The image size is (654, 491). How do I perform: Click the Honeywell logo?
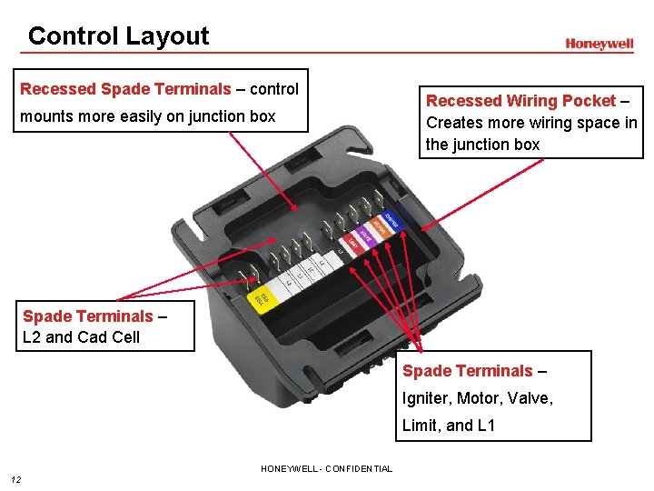599,44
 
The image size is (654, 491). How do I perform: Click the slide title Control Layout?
118,36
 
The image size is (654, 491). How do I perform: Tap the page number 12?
15,480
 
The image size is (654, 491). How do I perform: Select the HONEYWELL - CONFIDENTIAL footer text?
326,469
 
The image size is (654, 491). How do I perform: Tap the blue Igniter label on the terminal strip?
391,220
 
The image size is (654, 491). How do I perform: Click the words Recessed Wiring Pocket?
520,101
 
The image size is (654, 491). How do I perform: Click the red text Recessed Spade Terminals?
125,89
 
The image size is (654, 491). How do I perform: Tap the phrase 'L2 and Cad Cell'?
82,337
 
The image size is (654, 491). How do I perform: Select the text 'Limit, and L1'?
449,425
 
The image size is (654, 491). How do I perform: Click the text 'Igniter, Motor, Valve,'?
478,397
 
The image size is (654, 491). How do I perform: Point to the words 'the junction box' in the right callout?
482,145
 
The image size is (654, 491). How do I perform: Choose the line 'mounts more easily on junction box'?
147,116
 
